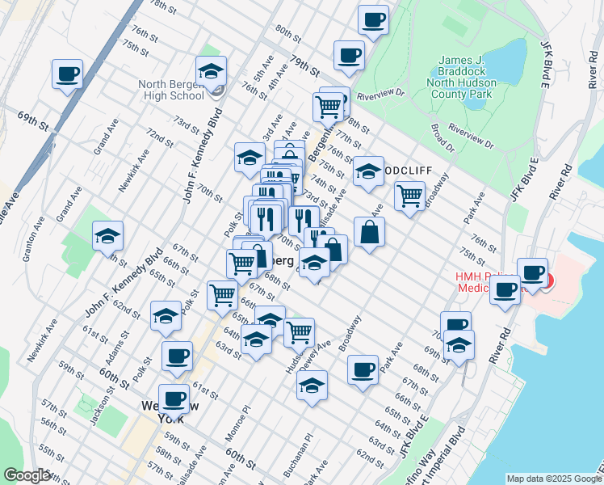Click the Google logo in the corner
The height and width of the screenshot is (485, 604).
click(27, 475)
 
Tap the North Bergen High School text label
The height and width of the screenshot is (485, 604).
click(171, 90)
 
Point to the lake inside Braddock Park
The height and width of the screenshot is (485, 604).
click(510, 56)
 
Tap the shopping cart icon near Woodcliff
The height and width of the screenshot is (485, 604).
click(410, 196)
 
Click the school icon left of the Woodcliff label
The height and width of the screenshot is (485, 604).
click(368, 171)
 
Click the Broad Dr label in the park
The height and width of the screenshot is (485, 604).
click(443, 137)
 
